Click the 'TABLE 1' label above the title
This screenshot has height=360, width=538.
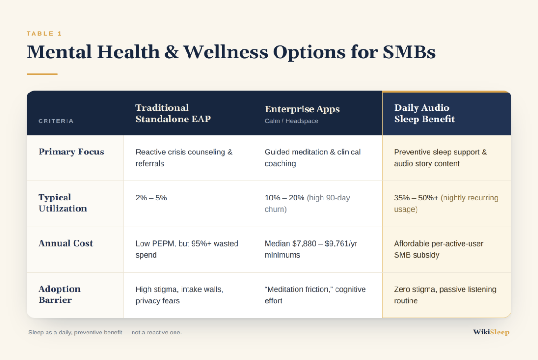[44, 33]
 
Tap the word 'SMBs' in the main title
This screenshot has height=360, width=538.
[409, 52]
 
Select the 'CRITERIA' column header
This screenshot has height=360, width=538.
[56, 121]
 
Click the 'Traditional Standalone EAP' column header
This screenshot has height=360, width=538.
[173, 113]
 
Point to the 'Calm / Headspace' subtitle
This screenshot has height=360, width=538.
[291, 121]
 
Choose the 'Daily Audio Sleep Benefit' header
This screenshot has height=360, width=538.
[424, 113]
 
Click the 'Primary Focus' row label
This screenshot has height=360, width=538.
[71, 152]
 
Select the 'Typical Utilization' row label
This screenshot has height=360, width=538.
[63, 203]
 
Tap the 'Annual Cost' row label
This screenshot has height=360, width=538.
[66, 243]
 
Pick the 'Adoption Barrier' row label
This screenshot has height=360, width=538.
[60, 294]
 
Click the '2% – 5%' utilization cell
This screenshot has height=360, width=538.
[151, 198]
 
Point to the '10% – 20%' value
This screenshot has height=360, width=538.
[284, 198]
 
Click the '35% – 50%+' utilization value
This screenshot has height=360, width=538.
[416, 198]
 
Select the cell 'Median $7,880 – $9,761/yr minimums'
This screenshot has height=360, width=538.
[311, 249]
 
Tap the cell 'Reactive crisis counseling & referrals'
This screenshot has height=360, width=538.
[184, 158]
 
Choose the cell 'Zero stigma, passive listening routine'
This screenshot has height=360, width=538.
[445, 295]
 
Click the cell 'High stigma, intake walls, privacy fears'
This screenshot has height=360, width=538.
[180, 295]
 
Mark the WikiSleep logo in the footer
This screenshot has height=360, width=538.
[491, 332]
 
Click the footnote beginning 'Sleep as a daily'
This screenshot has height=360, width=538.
[105, 332]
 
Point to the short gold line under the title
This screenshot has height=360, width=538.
[42, 74]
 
